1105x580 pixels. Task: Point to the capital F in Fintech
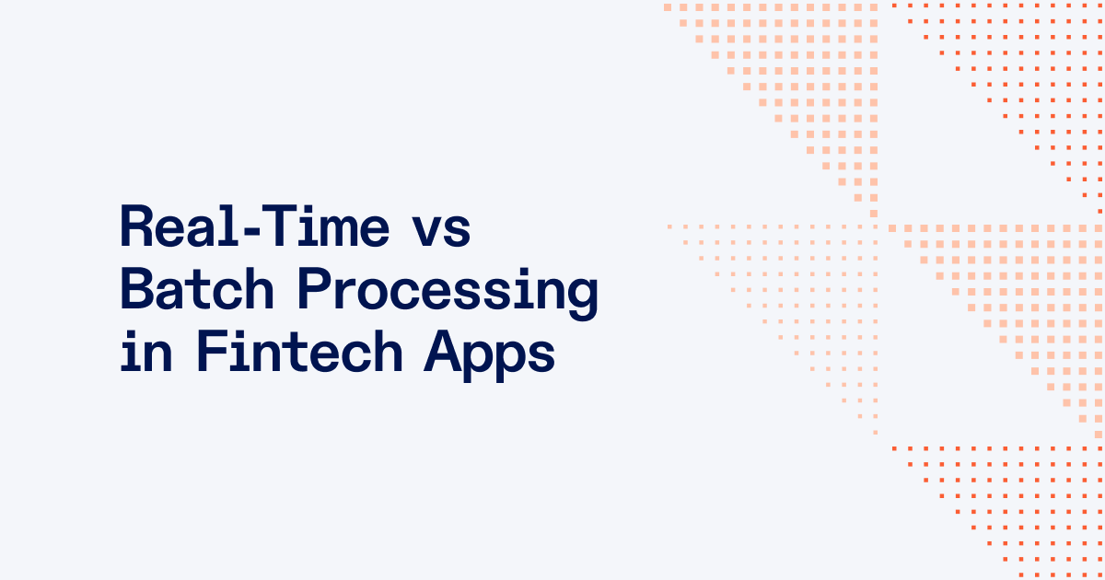coord(210,353)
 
